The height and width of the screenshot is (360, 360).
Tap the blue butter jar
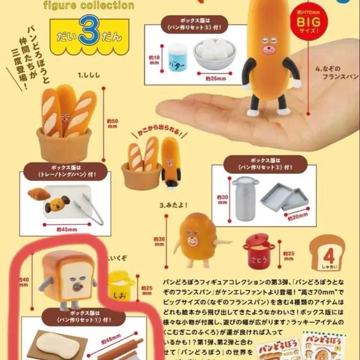coord(177,56)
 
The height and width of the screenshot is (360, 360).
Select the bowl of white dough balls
coord(214,54)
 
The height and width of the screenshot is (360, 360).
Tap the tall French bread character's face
coord(269,46)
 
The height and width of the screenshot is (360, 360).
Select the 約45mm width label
coord(67,229)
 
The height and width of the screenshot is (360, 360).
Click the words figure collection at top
coord(88,6)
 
